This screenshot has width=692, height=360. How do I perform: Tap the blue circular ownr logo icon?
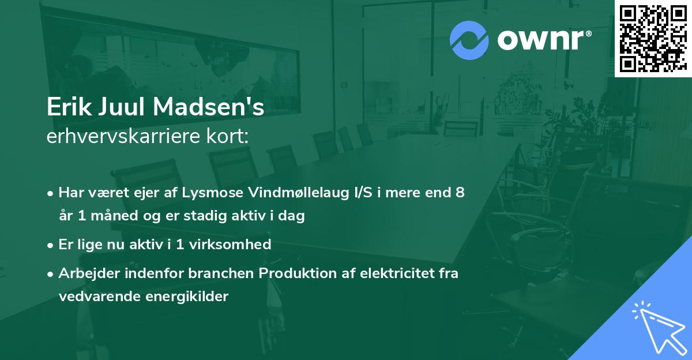click(x=469, y=40)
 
